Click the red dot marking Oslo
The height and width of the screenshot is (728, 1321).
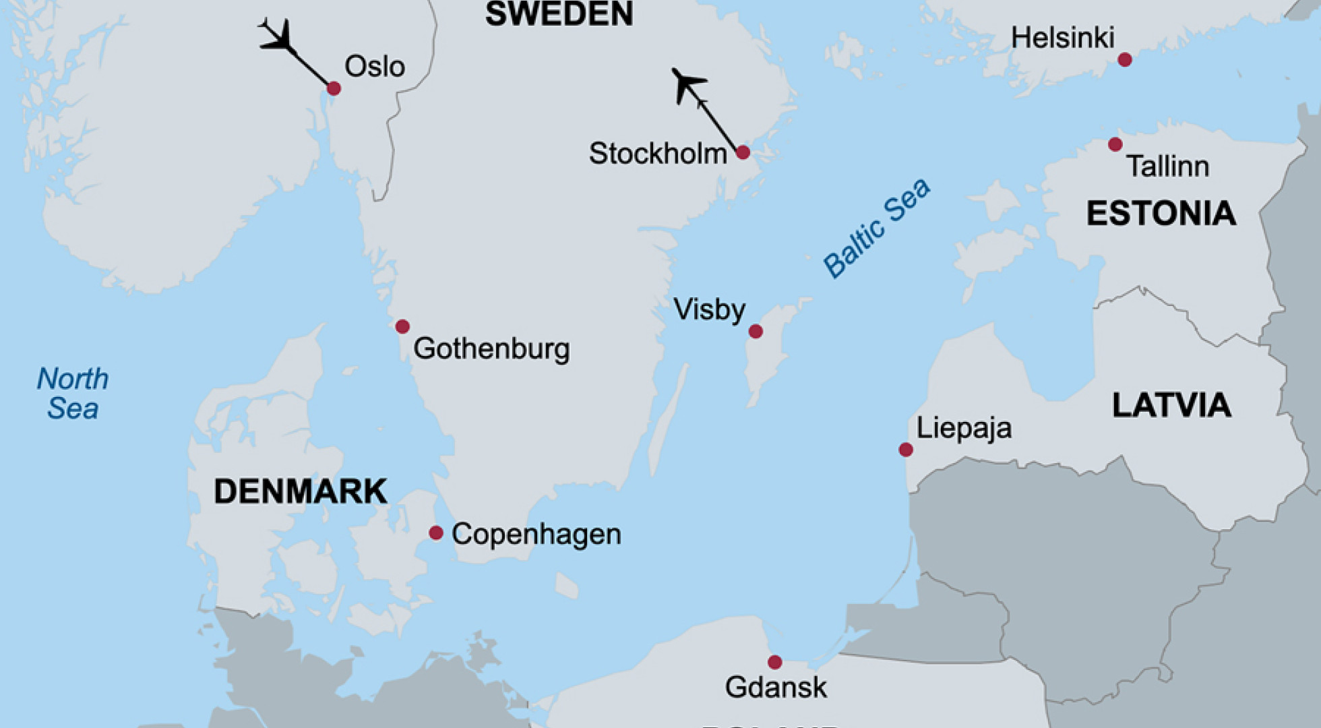point(334,88)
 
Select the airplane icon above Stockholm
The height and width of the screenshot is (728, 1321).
point(687,84)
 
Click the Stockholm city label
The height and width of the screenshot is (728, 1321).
point(658,154)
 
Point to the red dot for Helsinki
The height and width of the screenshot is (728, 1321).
point(1124,60)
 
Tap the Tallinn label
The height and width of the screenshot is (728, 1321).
point(1167,166)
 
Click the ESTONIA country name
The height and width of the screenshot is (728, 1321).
point(1161,214)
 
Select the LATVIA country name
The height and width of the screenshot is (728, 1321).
point(1171,405)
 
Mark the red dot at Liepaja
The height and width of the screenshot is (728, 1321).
point(906,450)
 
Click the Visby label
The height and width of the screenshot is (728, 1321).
point(709,310)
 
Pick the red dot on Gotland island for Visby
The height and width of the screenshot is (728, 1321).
point(756,331)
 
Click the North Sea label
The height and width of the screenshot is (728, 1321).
point(73,394)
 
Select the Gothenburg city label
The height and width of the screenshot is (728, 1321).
point(491,348)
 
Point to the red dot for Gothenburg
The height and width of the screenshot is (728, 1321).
point(402,327)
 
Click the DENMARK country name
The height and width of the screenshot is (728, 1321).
point(300,491)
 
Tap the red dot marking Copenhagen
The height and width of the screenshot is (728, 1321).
point(436,533)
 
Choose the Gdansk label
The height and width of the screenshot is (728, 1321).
point(775,688)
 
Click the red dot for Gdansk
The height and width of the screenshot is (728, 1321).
point(775,662)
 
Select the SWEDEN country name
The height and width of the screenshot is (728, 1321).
point(559,13)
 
